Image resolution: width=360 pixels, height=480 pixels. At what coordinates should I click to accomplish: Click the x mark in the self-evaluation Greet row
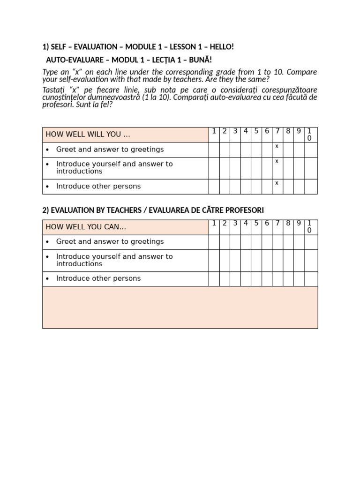277,146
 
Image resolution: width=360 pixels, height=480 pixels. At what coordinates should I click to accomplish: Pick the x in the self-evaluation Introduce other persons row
277,183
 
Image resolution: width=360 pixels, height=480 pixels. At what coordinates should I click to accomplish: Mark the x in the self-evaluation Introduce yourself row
277,161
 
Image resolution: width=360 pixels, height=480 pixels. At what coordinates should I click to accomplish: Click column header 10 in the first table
309,135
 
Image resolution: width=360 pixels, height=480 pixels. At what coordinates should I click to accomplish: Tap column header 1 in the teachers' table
214,223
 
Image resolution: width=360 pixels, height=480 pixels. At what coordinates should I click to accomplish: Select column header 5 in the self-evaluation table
256,131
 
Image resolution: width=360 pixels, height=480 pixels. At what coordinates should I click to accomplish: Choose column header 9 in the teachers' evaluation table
299,223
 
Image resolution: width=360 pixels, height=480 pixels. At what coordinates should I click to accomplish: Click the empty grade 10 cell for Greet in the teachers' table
310,242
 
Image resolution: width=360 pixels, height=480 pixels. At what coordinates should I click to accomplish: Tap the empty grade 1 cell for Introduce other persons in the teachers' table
214,279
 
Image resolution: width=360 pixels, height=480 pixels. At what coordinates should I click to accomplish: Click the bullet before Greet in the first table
47,150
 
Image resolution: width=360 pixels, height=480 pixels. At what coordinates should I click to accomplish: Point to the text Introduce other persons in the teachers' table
98,278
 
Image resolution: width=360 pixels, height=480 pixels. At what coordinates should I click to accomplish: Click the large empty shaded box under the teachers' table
180,307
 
